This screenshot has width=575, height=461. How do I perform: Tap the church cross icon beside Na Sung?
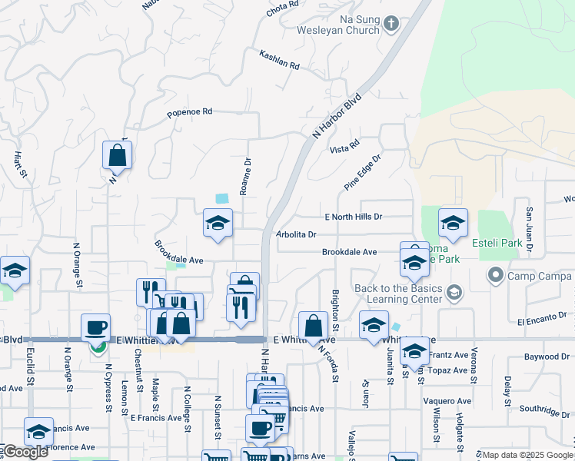point(391,23)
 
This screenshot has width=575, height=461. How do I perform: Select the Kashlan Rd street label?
point(279,60)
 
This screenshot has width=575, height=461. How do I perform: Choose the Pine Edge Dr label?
point(363,171)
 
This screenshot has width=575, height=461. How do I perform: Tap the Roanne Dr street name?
point(246,177)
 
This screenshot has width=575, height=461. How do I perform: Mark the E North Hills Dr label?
point(353,217)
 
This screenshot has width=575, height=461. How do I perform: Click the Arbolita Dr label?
point(296,234)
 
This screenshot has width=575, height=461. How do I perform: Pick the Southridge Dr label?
point(542,408)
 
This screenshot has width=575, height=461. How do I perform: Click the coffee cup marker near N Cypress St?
point(95,328)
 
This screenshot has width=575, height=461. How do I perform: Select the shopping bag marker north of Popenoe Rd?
point(117,155)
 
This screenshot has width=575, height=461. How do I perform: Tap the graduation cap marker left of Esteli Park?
point(453,224)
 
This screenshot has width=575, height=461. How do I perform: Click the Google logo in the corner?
point(25,453)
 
